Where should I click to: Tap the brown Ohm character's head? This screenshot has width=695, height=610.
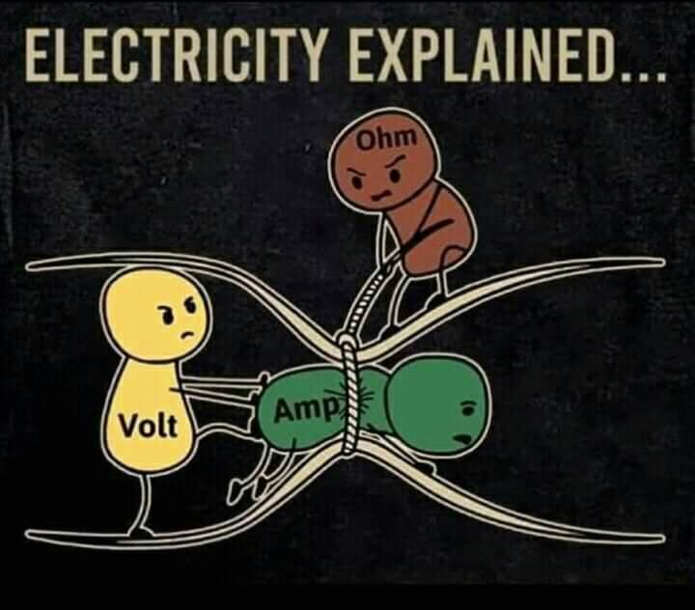click(375, 164)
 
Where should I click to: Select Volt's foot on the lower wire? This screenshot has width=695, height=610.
click(140, 529)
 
